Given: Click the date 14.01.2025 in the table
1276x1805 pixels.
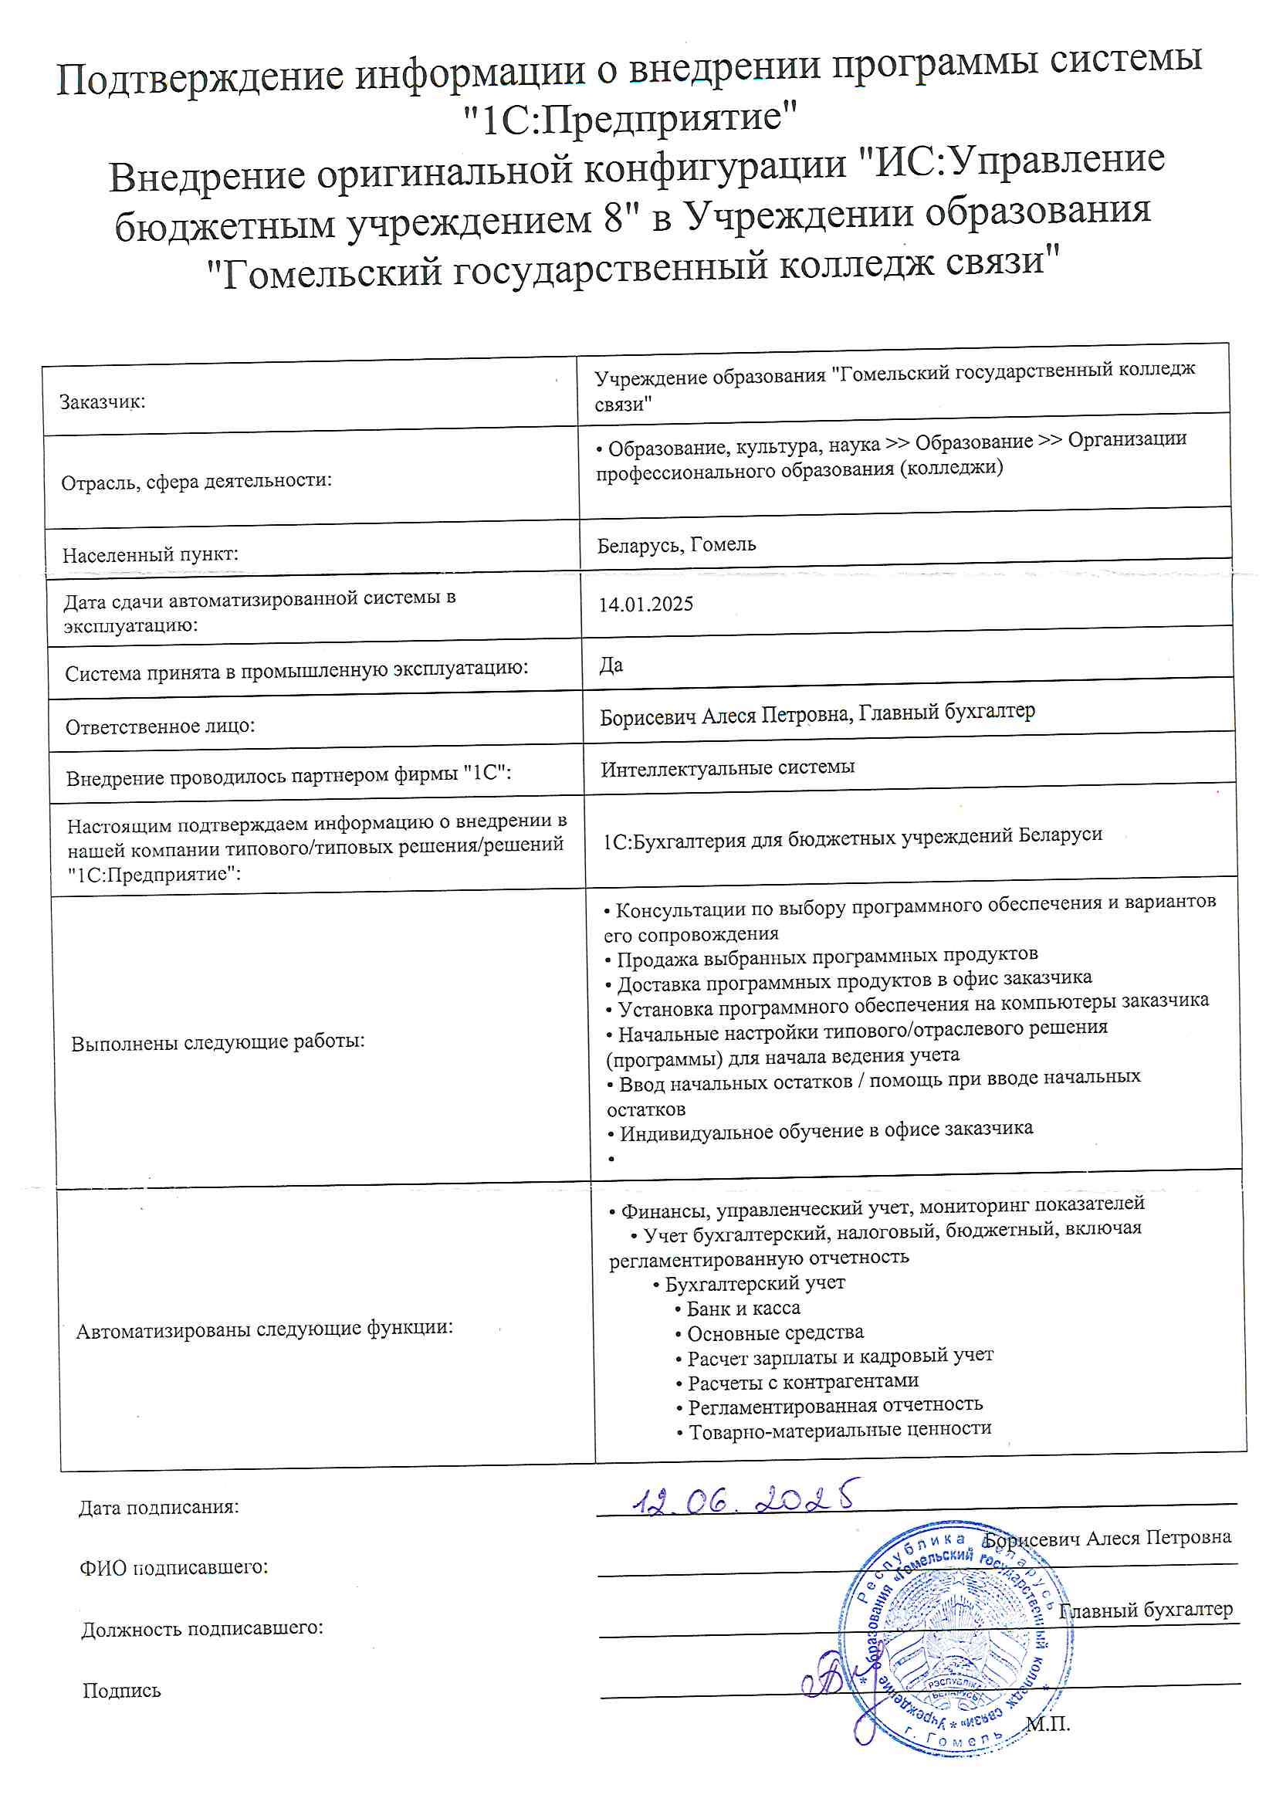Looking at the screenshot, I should (645, 604).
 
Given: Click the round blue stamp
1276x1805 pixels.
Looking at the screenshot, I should (954, 1639).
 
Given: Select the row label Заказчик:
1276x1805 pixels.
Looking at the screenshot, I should (102, 401).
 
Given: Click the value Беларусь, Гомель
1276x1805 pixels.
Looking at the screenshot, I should (676, 544).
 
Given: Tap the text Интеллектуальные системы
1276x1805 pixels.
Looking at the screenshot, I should (727, 767).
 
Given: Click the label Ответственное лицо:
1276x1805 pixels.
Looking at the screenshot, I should (161, 726).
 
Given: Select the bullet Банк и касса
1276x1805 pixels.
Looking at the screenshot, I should (743, 1308).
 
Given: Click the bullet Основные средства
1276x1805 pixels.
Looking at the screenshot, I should (774, 1333).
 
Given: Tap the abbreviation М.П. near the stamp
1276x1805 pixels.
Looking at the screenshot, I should (1048, 1724).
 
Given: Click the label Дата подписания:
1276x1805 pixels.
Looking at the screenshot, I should (159, 1507).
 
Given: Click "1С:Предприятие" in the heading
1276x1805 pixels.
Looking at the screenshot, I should (630, 119).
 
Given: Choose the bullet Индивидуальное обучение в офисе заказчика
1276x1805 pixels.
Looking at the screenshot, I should (825, 1130).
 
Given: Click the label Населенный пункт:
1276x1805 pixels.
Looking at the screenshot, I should (151, 554).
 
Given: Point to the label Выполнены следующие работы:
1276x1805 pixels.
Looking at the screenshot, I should (218, 1042).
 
